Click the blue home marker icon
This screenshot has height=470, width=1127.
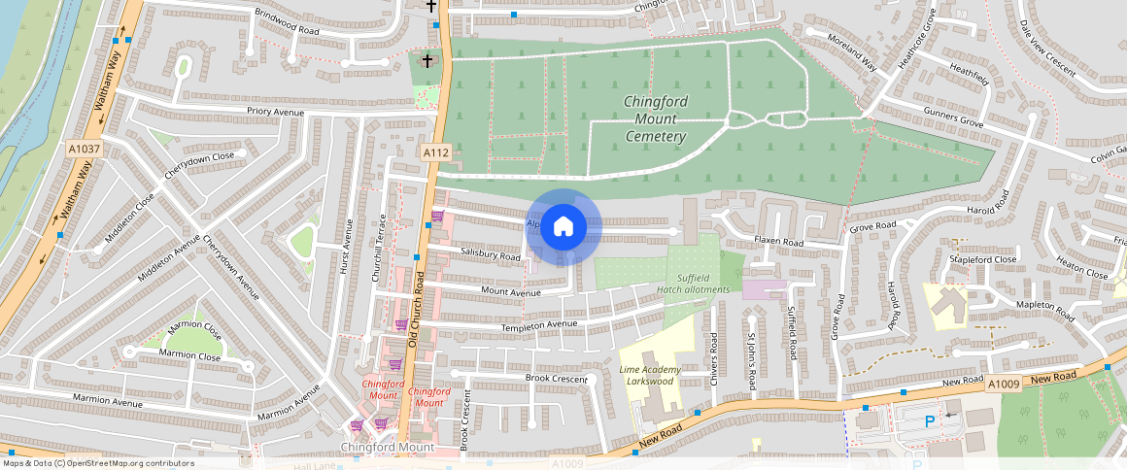[x=563, y=227]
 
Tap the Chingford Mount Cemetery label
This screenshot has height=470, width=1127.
[x=656, y=118]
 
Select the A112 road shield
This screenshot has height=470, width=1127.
[x=435, y=153]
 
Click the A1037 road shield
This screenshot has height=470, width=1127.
[x=84, y=149]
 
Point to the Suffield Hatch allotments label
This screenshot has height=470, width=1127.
[x=693, y=284]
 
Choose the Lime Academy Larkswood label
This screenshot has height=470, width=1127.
[x=650, y=376]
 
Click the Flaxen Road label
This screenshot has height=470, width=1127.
[x=779, y=242]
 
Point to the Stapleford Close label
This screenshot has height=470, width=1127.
[x=984, y=260]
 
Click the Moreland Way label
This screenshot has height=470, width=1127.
[x=852, y=56]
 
